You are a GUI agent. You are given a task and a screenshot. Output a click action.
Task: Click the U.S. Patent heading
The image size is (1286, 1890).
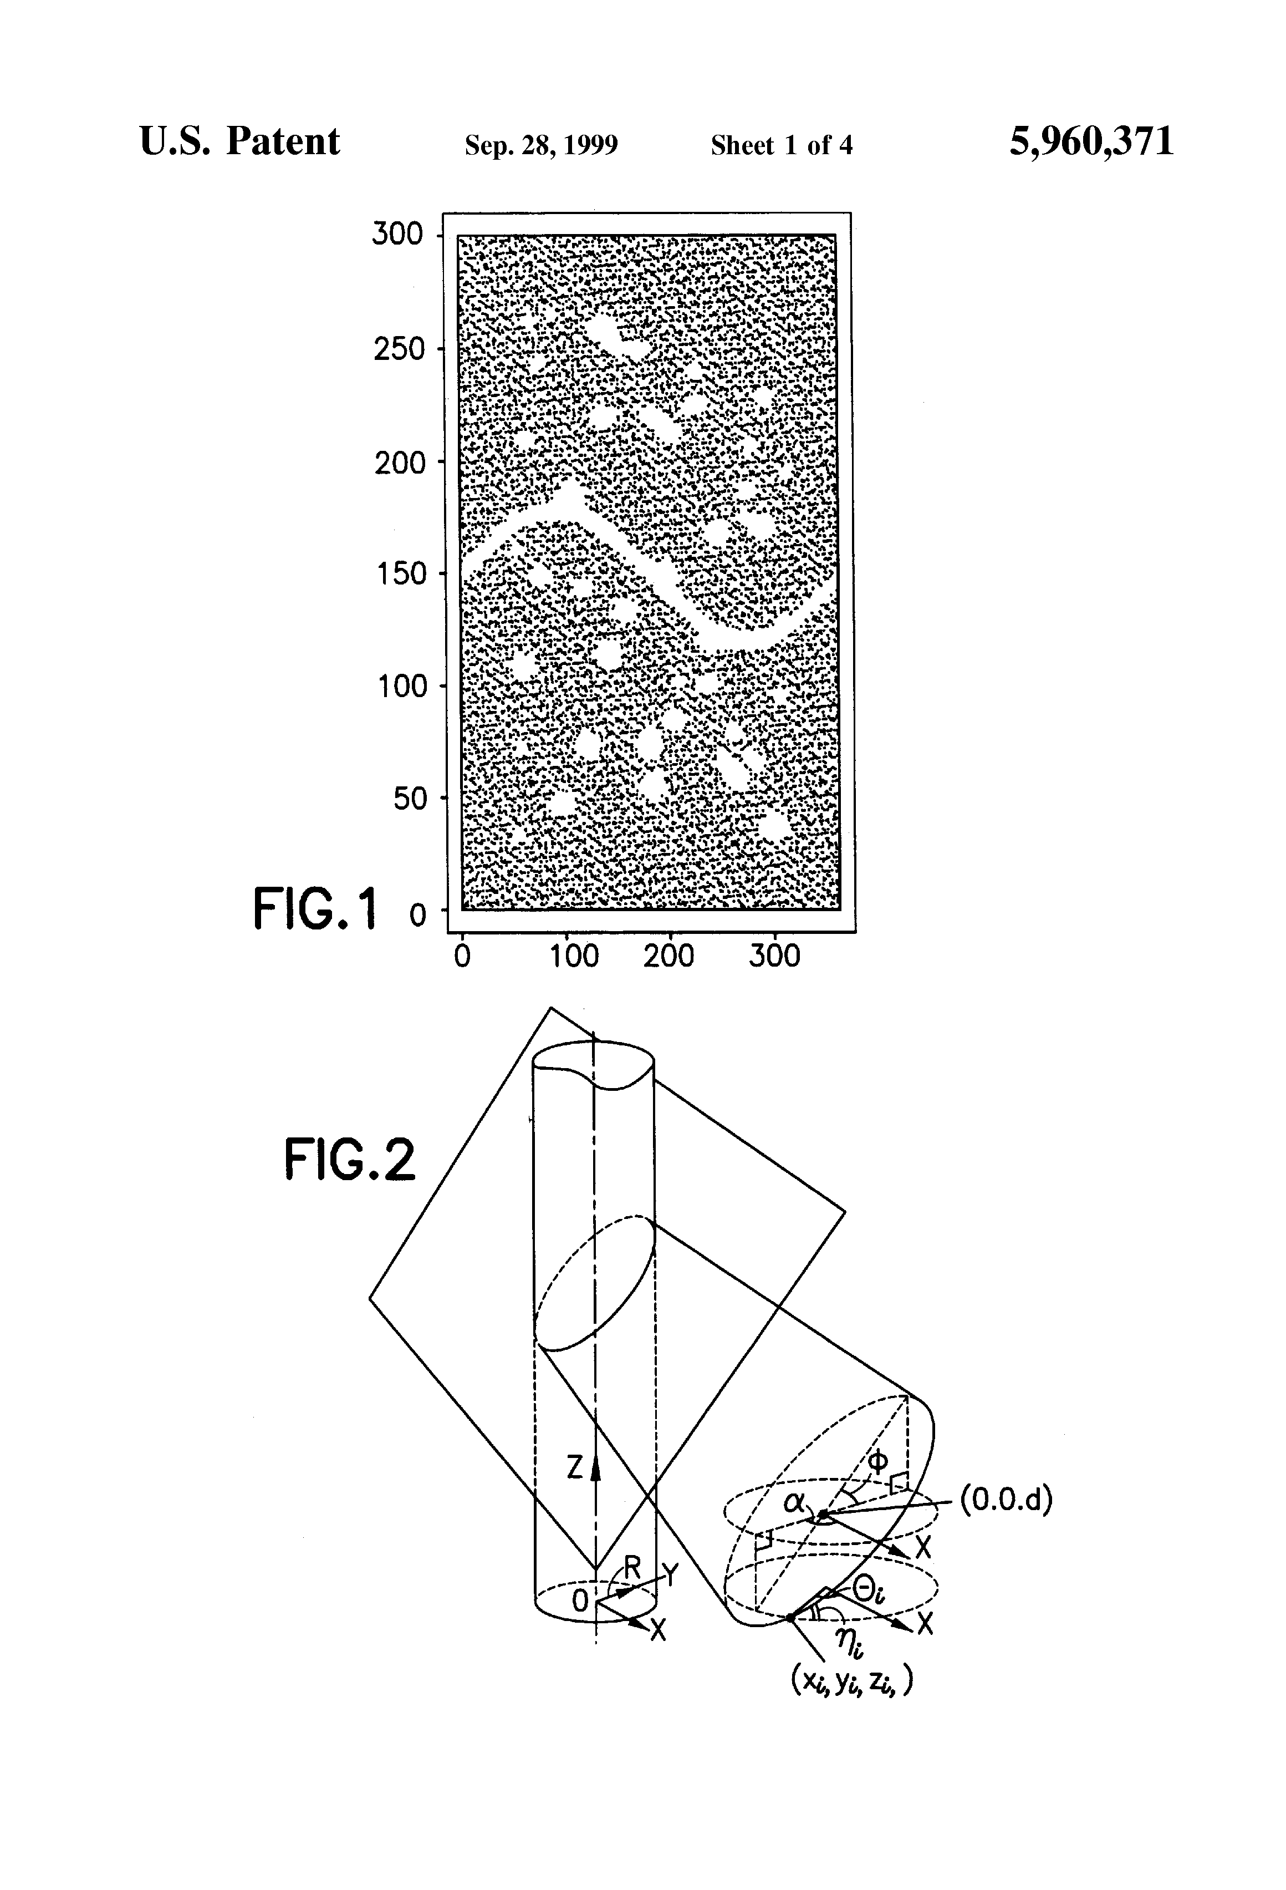[240, 141]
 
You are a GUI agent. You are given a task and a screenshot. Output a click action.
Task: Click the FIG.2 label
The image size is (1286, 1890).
[350, 1160]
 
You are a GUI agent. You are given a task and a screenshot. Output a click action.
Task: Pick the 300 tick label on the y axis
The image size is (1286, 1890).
[397, 234]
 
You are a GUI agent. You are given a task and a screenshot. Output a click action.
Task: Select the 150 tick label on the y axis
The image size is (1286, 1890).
[400, 574]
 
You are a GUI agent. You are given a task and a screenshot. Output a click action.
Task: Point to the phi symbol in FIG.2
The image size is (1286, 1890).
[877, 1462]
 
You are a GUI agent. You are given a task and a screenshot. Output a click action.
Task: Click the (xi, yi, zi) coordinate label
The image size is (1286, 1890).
[851, 1682]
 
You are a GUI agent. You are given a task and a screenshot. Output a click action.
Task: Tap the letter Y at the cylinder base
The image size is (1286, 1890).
[671, 1574]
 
